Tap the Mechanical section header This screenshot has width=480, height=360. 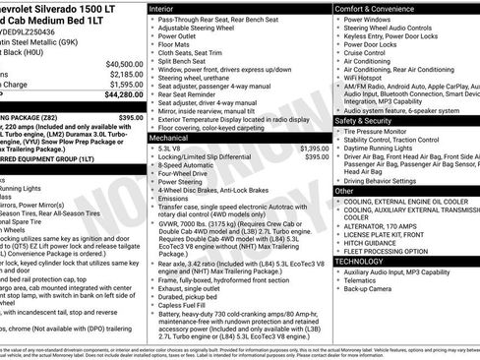(x=174, y=139)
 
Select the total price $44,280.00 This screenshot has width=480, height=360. (x=123, y=96)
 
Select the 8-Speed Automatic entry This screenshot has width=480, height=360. (x=189, y=165)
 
